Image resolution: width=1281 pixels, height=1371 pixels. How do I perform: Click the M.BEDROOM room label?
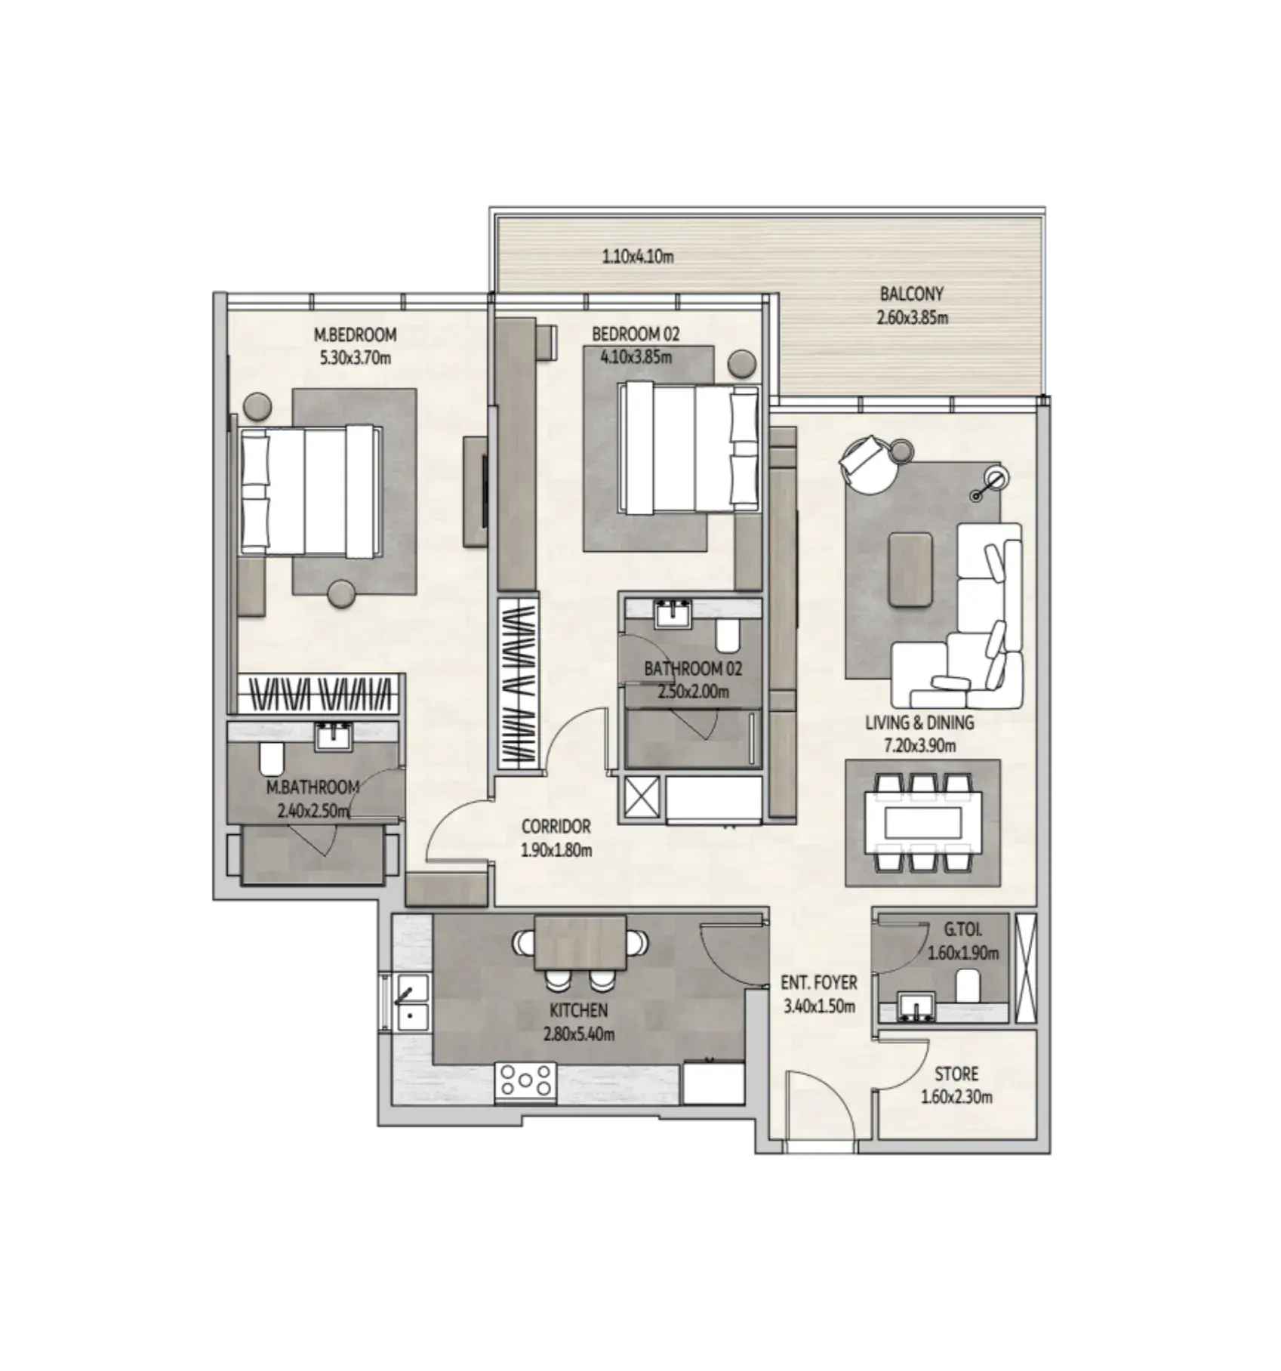click(x=355, y=334)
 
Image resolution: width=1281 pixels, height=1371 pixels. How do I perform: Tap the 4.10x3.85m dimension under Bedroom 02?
click(x=636, y=356)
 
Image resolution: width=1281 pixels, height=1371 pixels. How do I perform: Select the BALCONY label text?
click(x=912, y=294)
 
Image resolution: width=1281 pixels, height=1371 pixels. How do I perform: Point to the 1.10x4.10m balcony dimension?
click(x=638, y=257)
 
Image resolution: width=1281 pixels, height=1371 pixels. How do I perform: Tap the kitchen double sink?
click(x=411, y=1002)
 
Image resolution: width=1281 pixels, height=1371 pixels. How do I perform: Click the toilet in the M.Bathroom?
click(x=270, y=759)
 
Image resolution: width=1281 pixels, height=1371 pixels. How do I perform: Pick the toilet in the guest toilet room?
click(x=968, y=984)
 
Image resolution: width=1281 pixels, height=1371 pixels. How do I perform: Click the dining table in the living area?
click(x=922, y=822)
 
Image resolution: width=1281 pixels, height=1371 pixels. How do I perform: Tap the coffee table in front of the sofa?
click(x=910, y=569)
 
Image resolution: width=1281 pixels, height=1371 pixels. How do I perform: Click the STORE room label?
click(x=956, y=1074)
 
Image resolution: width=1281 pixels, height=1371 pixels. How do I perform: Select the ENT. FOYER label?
click(x=819, y=983)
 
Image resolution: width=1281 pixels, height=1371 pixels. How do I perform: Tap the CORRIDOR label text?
click(x=556, y=827)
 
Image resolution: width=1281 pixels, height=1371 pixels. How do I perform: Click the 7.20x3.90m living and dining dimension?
click(x=919, y=746)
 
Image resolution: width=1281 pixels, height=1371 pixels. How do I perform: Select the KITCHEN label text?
click(x=579, y=1010)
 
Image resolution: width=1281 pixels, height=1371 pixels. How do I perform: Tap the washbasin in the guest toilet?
click(x=916, y=1008)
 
